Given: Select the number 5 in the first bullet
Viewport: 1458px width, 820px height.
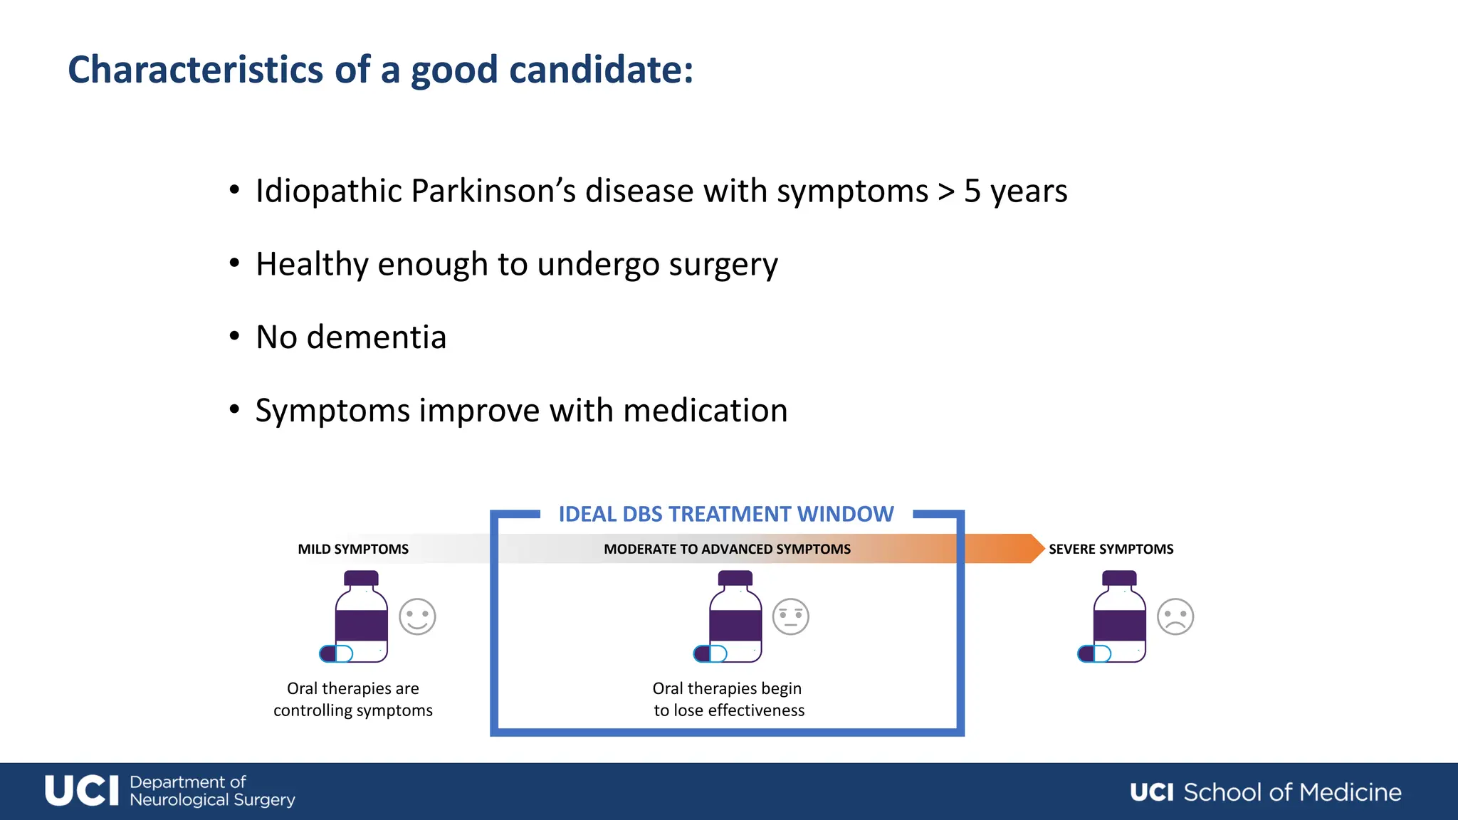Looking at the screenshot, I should coord(972,191).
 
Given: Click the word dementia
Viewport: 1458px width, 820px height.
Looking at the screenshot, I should coord(376,337).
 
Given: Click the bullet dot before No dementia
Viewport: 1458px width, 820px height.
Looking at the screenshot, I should coord(234,336).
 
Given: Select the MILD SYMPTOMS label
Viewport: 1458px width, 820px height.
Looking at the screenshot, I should coord(353,549).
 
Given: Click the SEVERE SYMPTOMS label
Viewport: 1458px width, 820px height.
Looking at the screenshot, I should coord(1111,549).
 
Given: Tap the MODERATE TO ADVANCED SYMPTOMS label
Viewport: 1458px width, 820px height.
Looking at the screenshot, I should coord(727,549).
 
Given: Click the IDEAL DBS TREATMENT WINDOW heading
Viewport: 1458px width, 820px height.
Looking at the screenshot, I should coord(725,514).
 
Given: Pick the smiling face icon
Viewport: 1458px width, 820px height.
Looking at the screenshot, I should coord(417,616).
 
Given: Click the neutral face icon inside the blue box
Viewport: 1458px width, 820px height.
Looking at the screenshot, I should coord(791,616).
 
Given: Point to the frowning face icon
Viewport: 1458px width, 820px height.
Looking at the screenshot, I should coord(1175,616).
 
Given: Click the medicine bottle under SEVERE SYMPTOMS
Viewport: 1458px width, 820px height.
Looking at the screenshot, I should coord(1120,616).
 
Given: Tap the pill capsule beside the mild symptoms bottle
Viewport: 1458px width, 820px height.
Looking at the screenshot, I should coord(336,653).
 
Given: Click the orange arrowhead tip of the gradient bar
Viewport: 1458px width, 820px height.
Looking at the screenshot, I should coord(1037,548).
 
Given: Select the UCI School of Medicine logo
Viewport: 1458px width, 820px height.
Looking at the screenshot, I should coord(1265,792).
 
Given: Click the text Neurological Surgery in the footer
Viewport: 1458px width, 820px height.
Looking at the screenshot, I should coord(212,800).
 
